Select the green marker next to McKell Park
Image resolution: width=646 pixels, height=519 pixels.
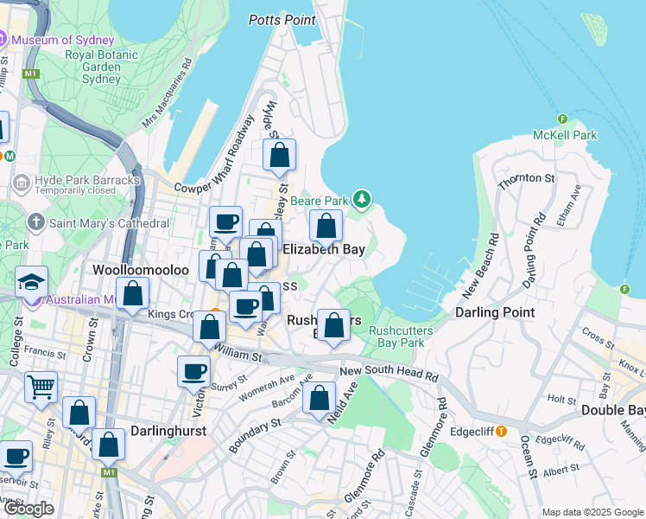[x=562, y=119]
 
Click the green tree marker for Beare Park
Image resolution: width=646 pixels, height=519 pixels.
[x=362, y=201]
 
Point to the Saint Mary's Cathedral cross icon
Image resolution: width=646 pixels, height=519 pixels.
[x=35, y=222]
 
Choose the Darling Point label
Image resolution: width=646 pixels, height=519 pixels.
[x=495, y=311]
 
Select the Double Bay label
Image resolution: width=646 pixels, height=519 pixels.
[x=613, y=409]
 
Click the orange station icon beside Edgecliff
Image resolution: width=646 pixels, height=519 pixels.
[x=501, y=431]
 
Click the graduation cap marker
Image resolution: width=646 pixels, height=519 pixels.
[x=31, y=281]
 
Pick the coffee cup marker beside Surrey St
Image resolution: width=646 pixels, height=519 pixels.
[x=193, y=371]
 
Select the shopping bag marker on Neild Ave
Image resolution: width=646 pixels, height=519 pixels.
[x=319, y=398]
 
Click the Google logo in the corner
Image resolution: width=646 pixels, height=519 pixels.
[x=28, y=508]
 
